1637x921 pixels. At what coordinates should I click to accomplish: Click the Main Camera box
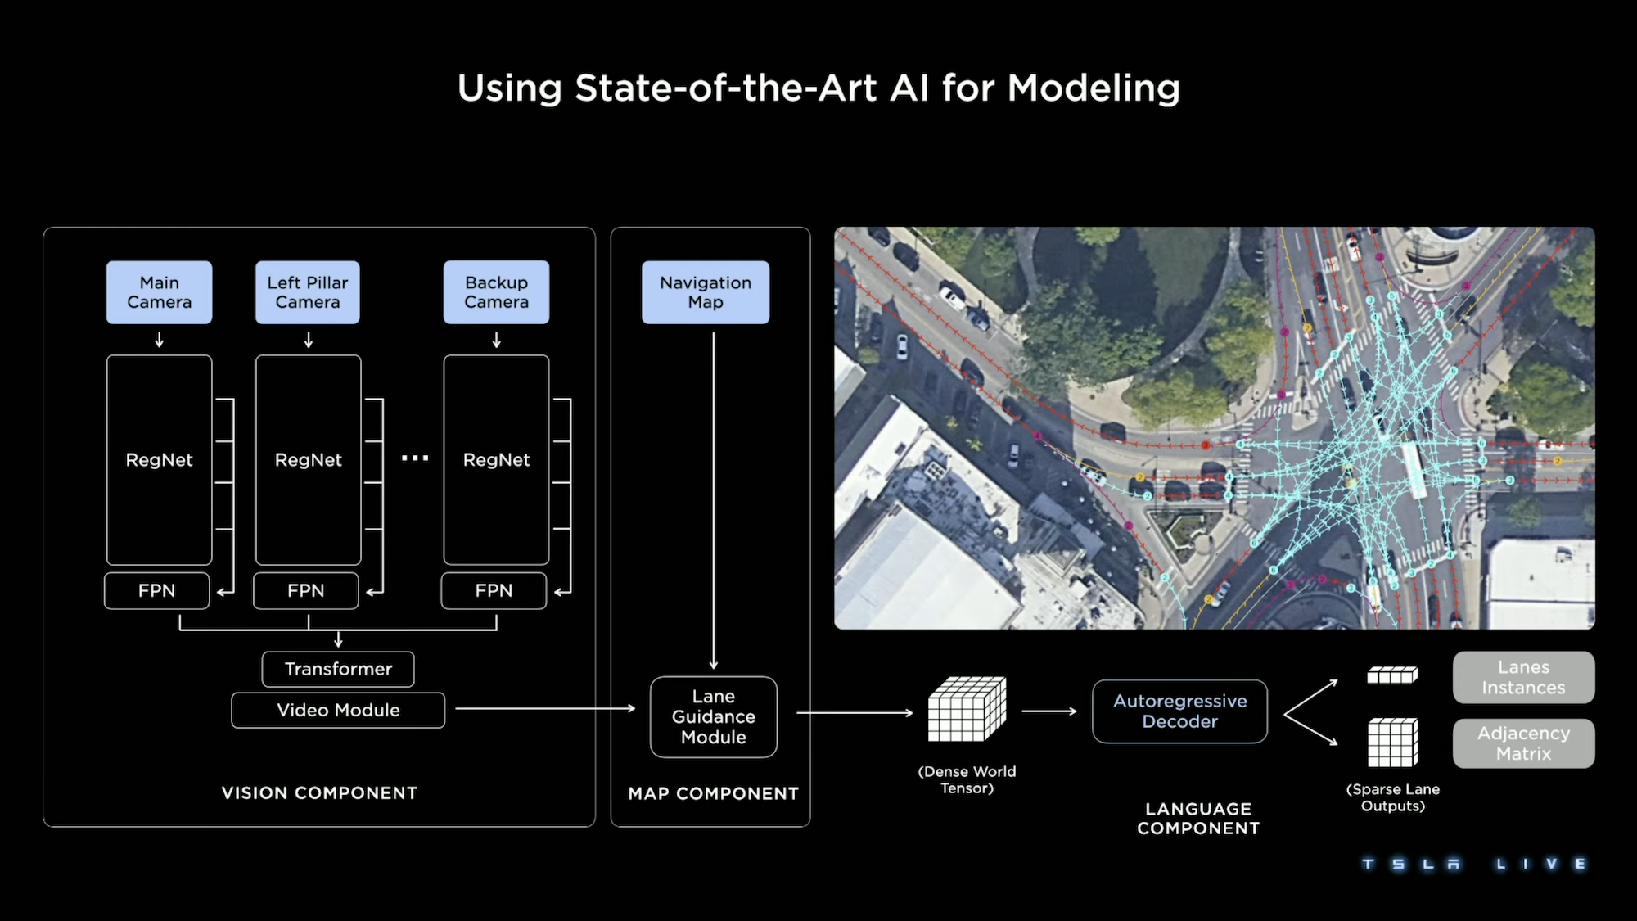coord(159,292)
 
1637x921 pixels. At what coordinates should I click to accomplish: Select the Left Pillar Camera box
coord(307,292)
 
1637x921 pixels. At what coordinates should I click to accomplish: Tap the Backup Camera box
coord(496,292)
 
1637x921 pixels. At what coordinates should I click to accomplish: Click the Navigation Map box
coord(705,292)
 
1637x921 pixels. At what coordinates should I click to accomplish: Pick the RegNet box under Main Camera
coord(159,459)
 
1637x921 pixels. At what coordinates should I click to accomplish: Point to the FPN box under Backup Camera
coord(494,590)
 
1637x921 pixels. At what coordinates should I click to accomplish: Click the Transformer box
coord(338,669)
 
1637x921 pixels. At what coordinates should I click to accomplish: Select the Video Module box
coord(338,710)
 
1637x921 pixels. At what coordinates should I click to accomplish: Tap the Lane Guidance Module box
coord(713,716)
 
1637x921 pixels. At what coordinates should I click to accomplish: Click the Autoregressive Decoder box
coord(1179,711)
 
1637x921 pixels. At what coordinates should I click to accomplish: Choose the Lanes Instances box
coord(1523,677)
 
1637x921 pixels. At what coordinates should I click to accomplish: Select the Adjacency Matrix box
coord(1523,743)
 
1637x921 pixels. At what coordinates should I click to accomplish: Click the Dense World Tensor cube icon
coord(967,709)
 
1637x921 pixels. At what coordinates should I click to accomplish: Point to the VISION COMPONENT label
coord(319,792)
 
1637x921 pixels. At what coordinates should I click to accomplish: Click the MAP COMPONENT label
coord(713,793)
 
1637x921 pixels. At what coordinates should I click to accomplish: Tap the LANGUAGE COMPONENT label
coord(1198,819)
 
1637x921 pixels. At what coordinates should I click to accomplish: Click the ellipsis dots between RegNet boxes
coord(415,458)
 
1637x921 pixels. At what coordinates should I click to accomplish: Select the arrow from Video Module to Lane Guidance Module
coord(545,709)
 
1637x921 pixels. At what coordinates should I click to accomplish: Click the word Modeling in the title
coord(1094,88)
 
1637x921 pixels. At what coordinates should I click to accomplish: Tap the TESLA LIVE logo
coord(1474,864)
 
